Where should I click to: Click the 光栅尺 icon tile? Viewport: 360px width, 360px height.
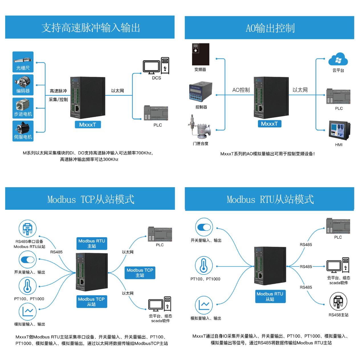23,62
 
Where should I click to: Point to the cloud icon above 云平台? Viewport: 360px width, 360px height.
338,60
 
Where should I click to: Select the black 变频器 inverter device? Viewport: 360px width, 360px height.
201,54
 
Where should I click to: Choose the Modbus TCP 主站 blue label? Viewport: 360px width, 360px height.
140,273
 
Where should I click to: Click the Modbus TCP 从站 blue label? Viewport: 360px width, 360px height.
91,302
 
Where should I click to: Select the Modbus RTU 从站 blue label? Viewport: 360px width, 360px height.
270,296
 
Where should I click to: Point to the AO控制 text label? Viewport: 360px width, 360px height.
241,90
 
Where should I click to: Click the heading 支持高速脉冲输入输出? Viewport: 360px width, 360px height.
90,28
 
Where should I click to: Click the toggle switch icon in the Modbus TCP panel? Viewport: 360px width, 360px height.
27,260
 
